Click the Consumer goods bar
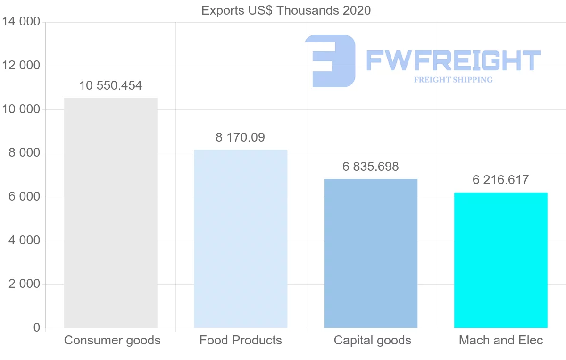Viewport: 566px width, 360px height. click(x=110, y=212)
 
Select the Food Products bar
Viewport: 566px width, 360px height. click(x=241, y=238)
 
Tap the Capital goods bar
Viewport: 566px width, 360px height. click(x=371, y=253)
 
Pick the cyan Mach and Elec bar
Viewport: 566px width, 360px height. click(x=500, y=260)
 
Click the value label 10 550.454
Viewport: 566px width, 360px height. click(x=110, y=85)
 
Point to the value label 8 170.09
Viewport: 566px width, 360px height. click(x=241, y=137)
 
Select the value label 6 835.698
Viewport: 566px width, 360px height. click(x=371, y=167)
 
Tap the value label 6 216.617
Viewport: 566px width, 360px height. click(x=500, y=180)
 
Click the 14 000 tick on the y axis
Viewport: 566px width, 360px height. click(x=21, y=22)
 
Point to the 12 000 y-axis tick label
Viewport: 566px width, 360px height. click(x=21, y=66)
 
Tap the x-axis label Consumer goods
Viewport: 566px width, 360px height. click(x=112, y=340)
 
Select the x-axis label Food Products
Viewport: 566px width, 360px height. click(x=241, y=340)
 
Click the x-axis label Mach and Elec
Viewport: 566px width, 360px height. click(x=501, y=340)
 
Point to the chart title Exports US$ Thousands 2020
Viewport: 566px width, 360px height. click(x=286, y=10)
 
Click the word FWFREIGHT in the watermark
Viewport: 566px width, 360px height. click(x=453, y=60)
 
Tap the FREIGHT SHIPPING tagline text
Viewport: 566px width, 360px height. click(x=453, y=80)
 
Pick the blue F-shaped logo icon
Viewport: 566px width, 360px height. click(x=330, y=61)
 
